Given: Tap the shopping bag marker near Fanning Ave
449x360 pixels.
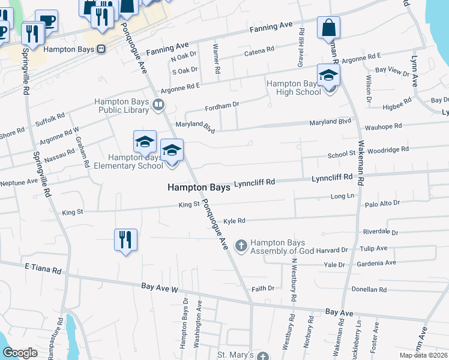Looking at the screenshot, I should click(328, 28).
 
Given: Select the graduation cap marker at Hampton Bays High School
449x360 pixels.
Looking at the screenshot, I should click(328, 75).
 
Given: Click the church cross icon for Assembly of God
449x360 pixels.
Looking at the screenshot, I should click(241, 245).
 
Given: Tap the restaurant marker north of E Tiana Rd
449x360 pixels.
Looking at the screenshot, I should click(125, 240).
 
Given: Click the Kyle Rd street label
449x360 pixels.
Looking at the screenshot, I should click(235, 221).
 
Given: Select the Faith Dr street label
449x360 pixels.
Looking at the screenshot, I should click(263, 289).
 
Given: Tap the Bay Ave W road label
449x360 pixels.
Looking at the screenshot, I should click(160, 289).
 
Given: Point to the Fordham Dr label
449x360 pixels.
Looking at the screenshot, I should click(222, 104).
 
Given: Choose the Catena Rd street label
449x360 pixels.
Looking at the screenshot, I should click(259, 53).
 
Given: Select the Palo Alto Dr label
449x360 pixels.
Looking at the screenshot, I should click(382, 203).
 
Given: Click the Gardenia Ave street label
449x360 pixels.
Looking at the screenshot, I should click(378, 263).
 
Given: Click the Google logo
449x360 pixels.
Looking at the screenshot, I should click(20, 353).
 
